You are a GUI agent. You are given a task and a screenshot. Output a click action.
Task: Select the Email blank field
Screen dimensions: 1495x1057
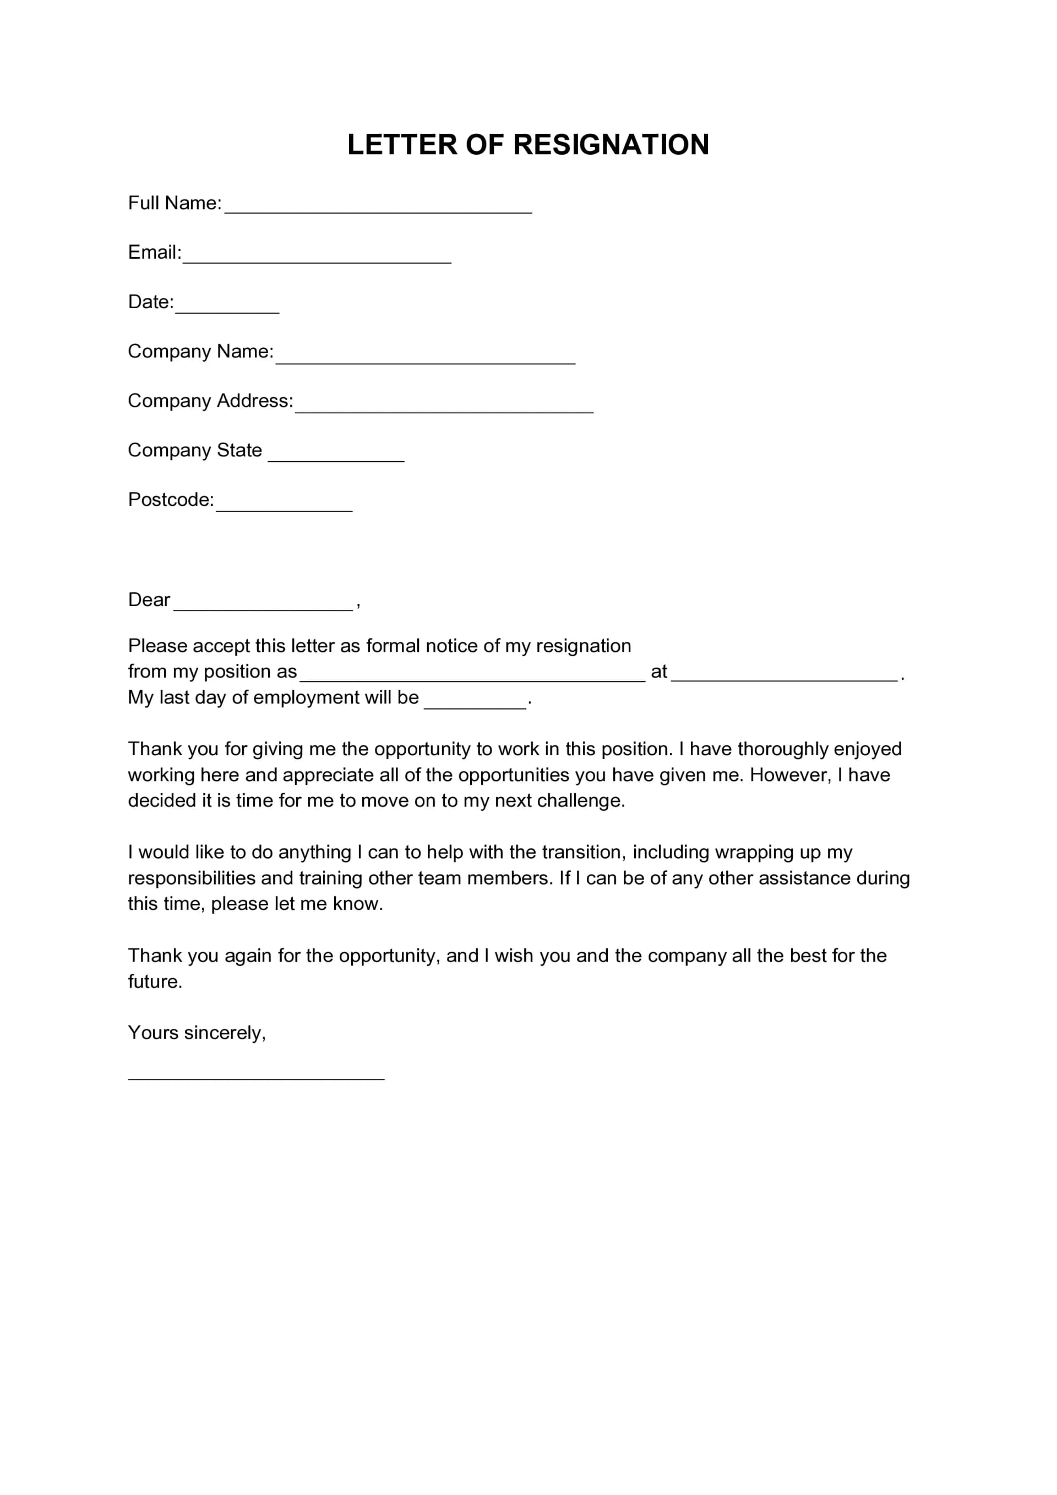pyautogui.click(x=317, y=257)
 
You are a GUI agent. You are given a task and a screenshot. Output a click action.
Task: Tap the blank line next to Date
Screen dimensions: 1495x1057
pyautogui.click(x=227, y=307)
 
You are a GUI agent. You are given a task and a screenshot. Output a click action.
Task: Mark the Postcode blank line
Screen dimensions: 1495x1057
pyautogui.click(x=284, y=505)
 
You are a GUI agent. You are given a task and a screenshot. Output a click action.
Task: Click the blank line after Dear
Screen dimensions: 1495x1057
pyautogui.click(x=263, y=604)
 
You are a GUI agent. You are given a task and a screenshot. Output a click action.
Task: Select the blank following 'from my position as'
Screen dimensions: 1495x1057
pyautogui.click(x=472, y=676)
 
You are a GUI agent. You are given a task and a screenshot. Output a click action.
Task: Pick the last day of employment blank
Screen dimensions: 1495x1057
pyautogui.click(x=475, y=702)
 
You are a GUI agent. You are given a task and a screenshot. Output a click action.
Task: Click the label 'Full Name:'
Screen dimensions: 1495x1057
pyautogui.click(x=175, y=203)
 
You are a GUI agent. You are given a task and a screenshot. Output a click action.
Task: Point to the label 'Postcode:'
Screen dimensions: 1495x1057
pyautogui.click(x=171, y=499)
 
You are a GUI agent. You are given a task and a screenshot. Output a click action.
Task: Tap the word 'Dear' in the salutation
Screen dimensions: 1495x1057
pyautogui.click(x=149, y=599)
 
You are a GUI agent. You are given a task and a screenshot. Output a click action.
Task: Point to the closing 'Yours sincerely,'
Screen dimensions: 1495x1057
pyautogui.click(x=197, y=1033)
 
